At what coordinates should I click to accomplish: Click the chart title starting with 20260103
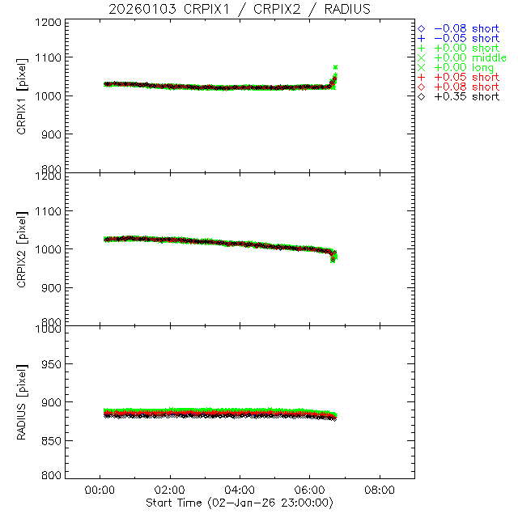click(240, 9)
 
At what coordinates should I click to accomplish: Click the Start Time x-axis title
click(240, 503)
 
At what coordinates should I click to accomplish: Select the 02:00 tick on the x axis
click(170, 490)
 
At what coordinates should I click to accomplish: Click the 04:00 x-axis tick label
click(240, 490)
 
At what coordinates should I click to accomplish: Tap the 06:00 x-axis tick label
click(310, 490)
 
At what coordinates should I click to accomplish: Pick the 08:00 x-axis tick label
click(380, 490)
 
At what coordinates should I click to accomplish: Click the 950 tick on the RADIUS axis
click(53, 364)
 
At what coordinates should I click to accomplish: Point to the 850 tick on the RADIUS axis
click(53, 440)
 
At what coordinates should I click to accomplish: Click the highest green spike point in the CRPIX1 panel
click(335, 67)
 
